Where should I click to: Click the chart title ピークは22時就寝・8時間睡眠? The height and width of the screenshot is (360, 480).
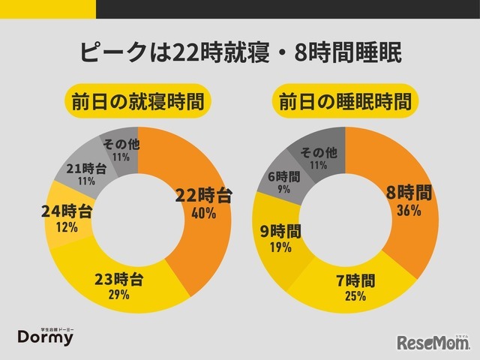click(x=240, y=53)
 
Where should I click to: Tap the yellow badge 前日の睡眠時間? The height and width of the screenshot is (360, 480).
click(x=345, y=100)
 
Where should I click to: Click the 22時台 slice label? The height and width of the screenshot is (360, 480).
click(x=203, y=196)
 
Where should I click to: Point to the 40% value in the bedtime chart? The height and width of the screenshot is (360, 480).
click(x=203, y=214)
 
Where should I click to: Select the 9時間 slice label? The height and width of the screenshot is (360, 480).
click(x=280, y=230)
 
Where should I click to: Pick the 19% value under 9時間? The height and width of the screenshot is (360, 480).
click(x=280, y=247)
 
